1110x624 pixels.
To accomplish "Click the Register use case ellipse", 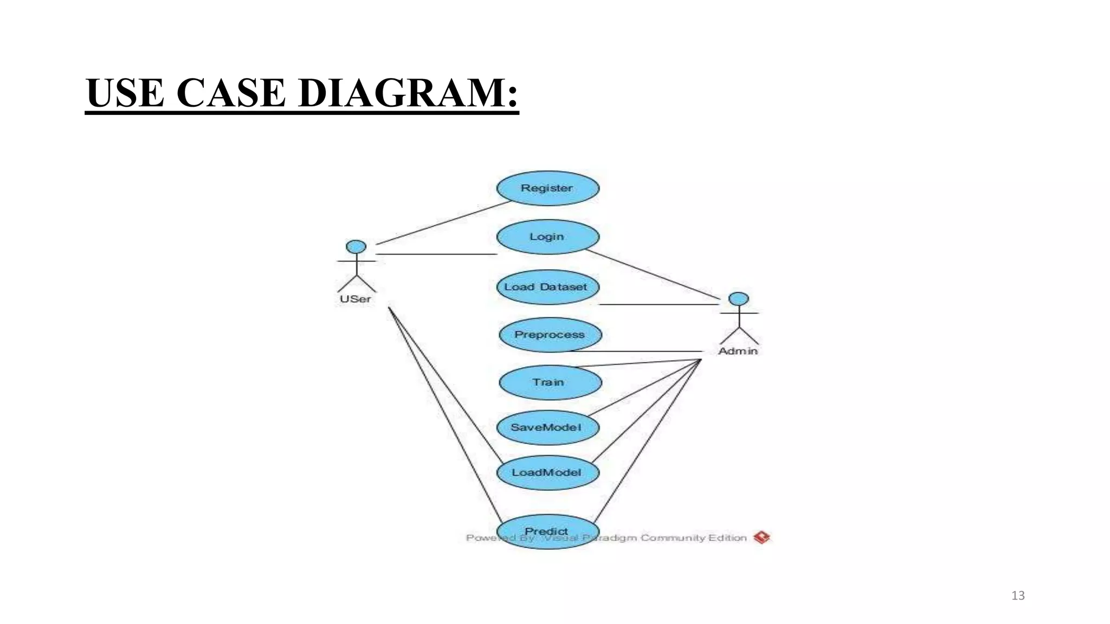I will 547,188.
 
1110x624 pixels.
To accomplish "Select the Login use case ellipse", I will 547,237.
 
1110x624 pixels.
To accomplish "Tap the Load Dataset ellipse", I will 547,287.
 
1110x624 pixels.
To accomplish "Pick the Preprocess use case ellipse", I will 550,335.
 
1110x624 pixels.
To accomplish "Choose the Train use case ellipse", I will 550,382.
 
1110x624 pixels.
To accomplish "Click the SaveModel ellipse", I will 547,427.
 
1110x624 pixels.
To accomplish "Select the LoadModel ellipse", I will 547,472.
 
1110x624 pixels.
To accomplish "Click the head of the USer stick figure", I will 356,247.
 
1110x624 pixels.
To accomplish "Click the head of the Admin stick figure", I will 738,299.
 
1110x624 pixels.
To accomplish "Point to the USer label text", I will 356,299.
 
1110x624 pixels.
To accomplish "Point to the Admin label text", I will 738,351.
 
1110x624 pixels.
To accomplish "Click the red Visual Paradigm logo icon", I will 761,537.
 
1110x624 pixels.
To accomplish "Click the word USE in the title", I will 125,93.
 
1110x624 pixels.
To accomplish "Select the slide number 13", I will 1018,596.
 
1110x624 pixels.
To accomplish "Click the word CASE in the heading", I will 230,93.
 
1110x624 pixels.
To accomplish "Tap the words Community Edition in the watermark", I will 694,538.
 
